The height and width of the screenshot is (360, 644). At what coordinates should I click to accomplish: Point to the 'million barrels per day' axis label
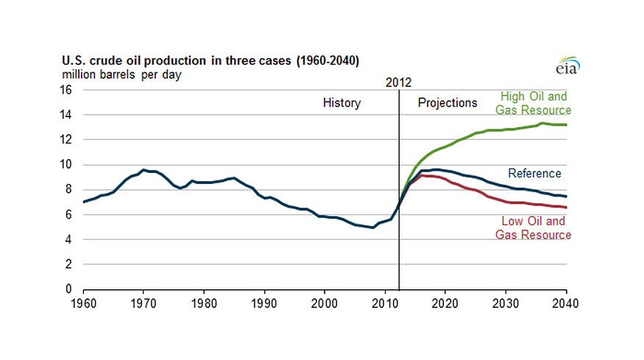pos(121,74)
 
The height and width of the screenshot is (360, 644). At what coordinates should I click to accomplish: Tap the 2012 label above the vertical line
pos(398,82)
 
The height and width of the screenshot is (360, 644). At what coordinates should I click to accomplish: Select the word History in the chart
pos(342,103)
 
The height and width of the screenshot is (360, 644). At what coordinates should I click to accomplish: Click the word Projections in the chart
pos(447,103)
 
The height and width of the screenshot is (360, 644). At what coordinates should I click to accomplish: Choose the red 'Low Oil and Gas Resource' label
pos(535,228)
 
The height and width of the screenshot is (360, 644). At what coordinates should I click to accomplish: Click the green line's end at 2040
pos(566,124)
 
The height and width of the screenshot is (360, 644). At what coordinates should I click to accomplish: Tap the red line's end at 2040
pos(566,208)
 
